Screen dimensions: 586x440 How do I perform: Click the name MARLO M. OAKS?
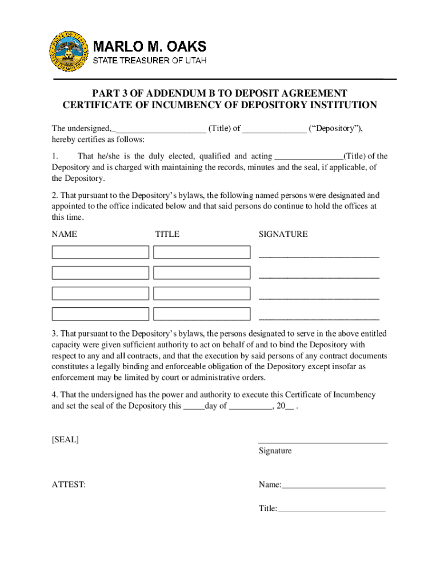150,46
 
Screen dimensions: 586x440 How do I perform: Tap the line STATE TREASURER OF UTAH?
150,60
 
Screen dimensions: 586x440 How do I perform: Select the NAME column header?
65,234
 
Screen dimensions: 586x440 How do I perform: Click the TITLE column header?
167,234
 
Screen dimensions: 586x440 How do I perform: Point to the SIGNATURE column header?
283,234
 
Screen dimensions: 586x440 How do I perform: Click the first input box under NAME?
101,252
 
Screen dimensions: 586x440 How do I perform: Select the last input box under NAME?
101,314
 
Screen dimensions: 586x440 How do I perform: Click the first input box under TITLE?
202,252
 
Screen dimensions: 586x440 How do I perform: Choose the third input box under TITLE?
202,293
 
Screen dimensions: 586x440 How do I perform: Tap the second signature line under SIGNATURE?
319,278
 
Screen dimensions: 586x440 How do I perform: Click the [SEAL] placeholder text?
65,439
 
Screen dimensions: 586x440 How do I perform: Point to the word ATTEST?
69,485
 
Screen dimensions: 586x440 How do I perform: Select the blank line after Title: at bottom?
331,509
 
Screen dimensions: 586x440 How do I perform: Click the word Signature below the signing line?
275,451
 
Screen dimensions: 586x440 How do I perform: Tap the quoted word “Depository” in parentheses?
335,128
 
